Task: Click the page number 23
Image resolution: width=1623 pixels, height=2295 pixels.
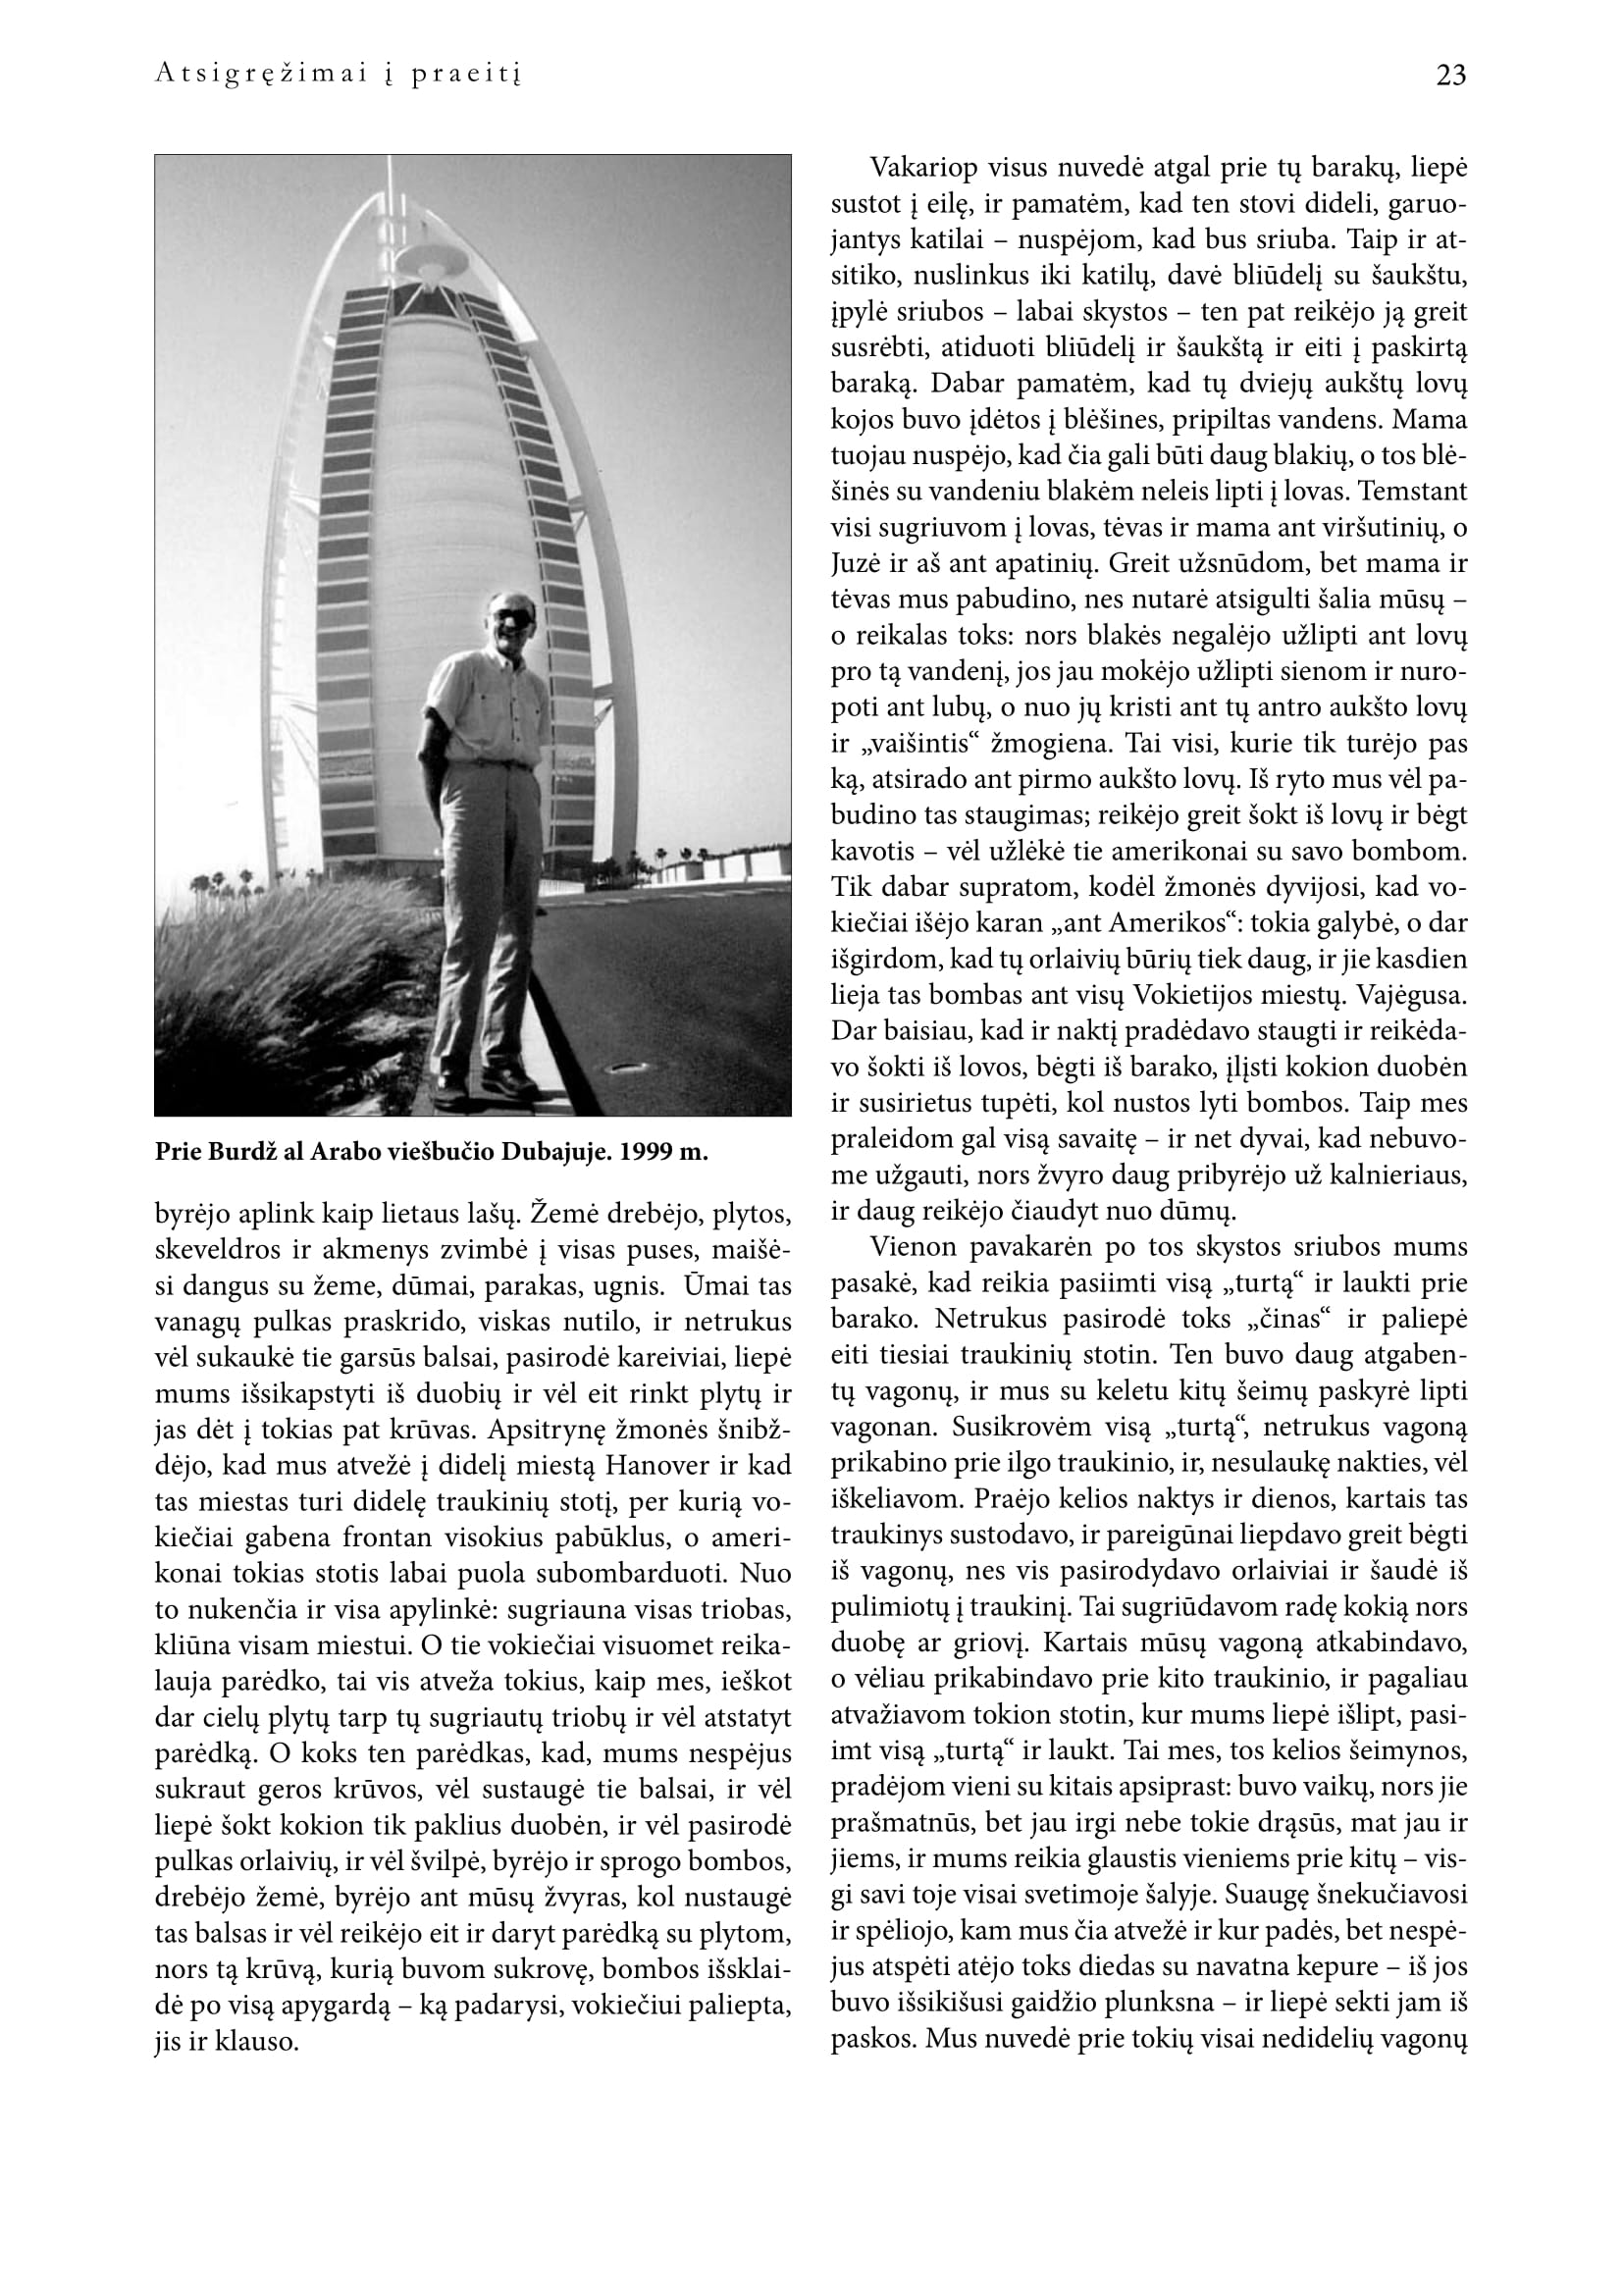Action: (1450, 76)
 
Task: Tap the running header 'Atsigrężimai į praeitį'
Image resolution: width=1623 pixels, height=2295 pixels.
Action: (338, 76)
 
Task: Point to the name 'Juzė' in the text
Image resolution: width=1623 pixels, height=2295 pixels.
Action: (855, 564)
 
